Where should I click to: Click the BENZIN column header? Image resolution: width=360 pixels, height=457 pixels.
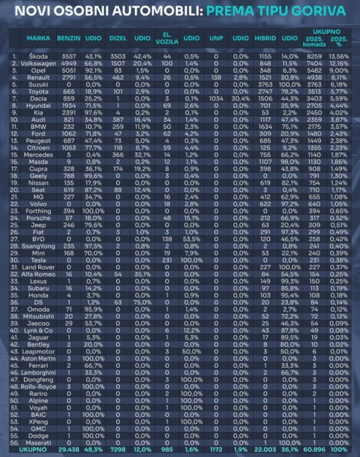pyautogui.click(x=69, y=39)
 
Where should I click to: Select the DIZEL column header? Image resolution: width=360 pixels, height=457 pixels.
pyautogui.click(x=118, y=39)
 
